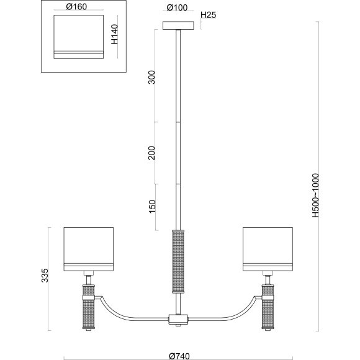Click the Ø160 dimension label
click(76, 7)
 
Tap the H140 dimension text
click(114, 34)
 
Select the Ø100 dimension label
click(177, 7)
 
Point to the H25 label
click(208, 15)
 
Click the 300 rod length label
click(152, 77)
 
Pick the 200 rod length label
click(152, 153)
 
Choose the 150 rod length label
click(152, 207)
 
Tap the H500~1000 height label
click(315, 196)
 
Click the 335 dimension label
click(45, 276)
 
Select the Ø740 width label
click(179, 356)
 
